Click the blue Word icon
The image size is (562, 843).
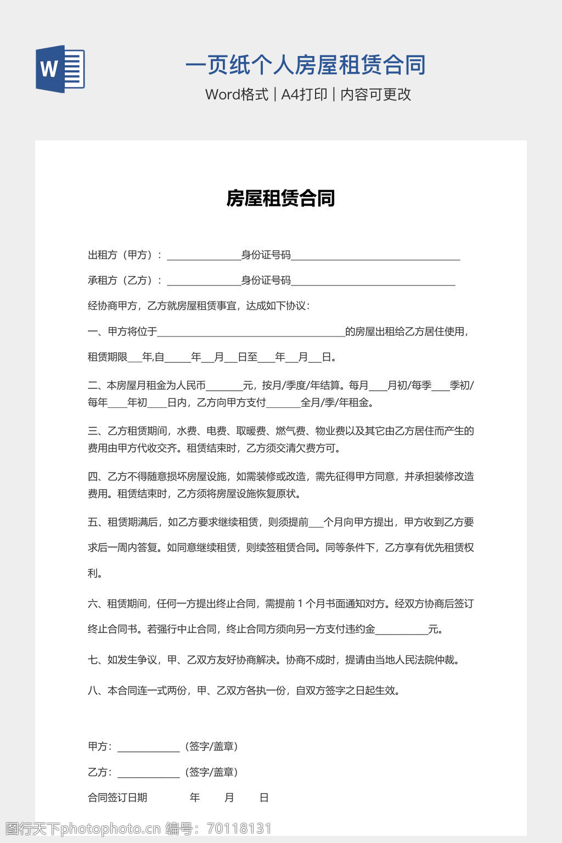pos(60,69)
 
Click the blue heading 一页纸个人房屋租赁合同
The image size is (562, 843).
pos(305,65)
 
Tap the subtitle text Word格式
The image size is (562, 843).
pos(237,94)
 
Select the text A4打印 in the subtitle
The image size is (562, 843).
pos(304,94)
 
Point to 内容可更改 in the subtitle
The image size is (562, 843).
pos(375,94)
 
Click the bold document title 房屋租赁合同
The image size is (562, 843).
pos(280,198)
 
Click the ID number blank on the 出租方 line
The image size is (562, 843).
pos(375,256)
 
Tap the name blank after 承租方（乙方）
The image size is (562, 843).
pos(204,282)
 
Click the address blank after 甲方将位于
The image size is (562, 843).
pos(251,333)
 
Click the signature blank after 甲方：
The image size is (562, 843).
pos(148,748)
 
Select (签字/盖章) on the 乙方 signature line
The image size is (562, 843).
pos(212,772)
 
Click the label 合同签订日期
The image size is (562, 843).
pos(117,797)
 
